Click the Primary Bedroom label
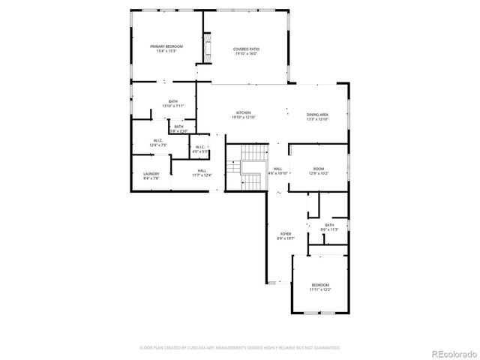(166, 46)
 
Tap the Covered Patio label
(246, 49)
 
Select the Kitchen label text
(244, 113)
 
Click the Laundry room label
(151, 174)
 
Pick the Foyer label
(286, 234)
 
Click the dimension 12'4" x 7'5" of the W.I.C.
(158, 145)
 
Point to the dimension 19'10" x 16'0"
(246, 54)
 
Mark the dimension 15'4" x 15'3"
(166, 51)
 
